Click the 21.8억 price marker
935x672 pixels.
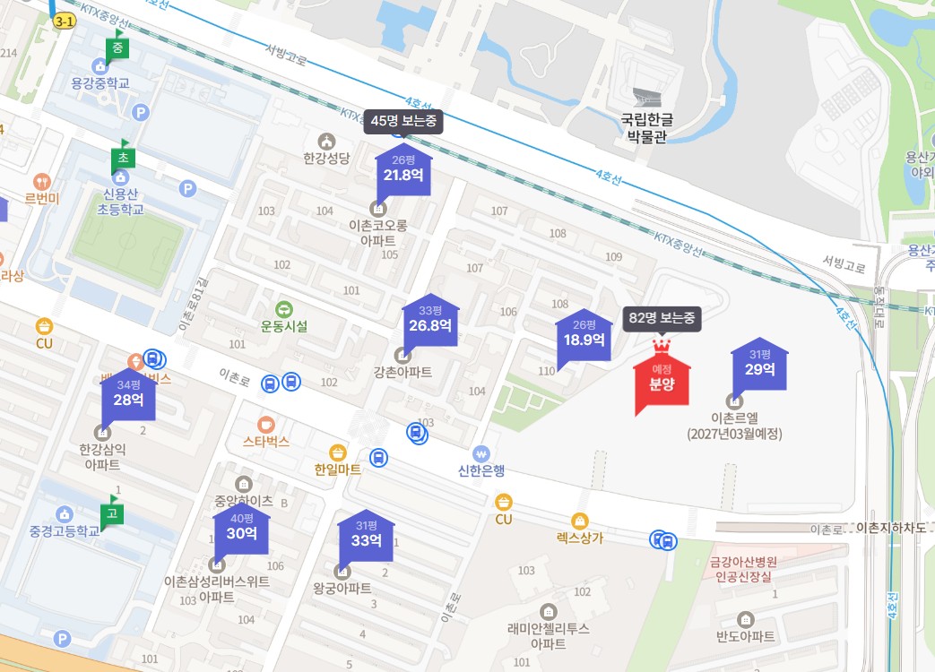point(403,170)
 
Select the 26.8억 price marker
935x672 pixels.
point(430,320)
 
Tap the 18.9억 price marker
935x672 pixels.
point(584,334)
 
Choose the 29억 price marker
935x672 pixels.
point(759,364)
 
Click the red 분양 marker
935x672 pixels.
point(662,380)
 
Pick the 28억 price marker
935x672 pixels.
point(128,394)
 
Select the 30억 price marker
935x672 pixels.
point(241,528)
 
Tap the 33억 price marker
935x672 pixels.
point(366,535)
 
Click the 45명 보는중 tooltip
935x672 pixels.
point(403,121)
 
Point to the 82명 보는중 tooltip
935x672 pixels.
point(662,318)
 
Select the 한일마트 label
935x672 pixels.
point(338,469)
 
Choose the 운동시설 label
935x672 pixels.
point(284,326)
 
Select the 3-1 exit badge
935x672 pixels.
point(65,21)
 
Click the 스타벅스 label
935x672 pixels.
point(266,441)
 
